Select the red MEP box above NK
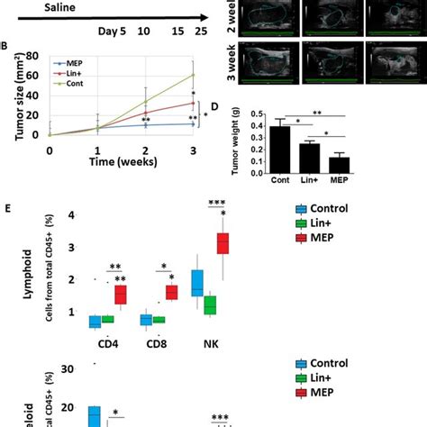pos(223,244)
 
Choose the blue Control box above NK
pos(197,283)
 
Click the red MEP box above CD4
pos(120,295)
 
